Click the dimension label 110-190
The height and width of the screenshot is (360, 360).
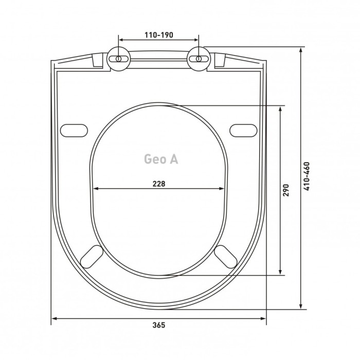158,35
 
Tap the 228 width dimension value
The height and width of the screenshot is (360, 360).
159,184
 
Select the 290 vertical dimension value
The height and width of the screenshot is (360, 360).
285,190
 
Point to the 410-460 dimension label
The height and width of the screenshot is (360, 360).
307,176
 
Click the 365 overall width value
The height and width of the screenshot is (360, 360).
159,325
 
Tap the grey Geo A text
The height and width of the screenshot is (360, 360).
161,159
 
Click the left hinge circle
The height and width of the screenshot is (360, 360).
119,59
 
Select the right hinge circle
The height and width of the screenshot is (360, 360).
199,59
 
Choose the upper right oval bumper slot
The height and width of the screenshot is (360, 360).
243,131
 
